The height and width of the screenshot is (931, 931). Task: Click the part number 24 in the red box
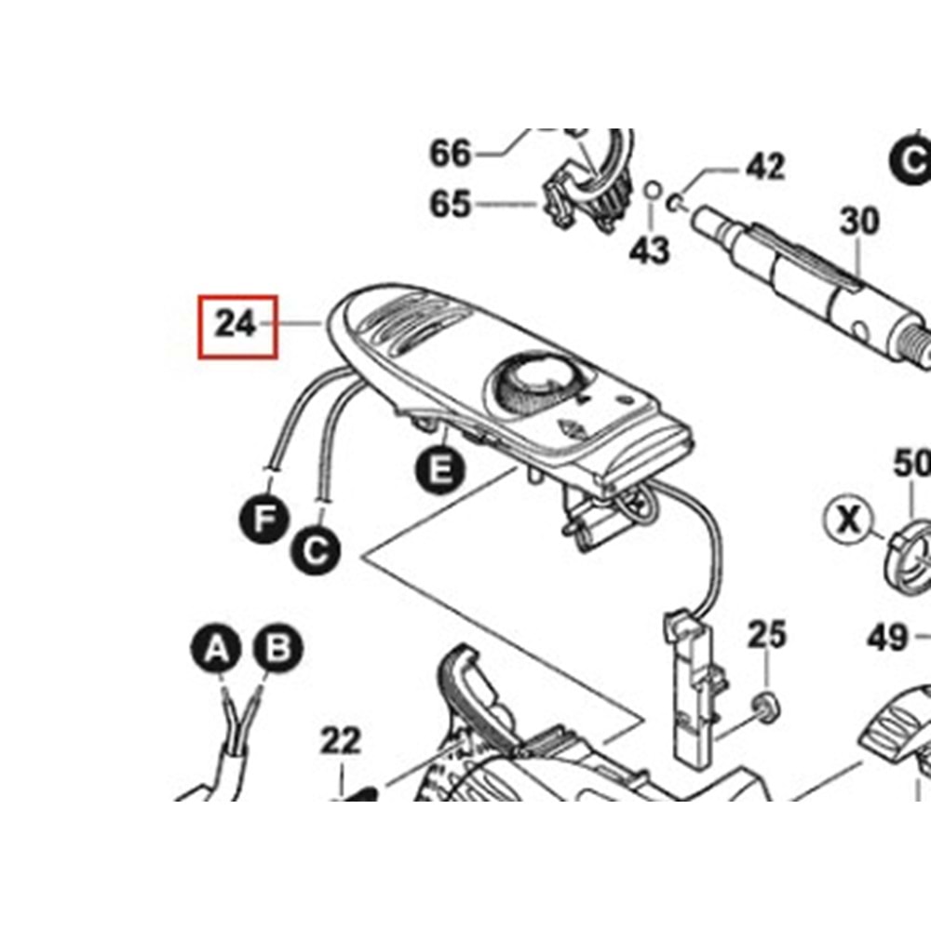point(236,324)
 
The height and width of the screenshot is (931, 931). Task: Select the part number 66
point(451,153)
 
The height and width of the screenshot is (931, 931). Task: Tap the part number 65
point(451,203)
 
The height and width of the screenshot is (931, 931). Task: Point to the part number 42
point(764,167)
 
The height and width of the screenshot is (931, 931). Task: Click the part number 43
point(650,249)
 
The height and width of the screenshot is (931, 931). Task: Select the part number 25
point(767,636)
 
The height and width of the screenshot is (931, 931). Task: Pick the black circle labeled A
point(216,646)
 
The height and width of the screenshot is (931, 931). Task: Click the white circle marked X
point(848,519)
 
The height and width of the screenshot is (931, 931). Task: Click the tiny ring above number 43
point(652,192)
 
